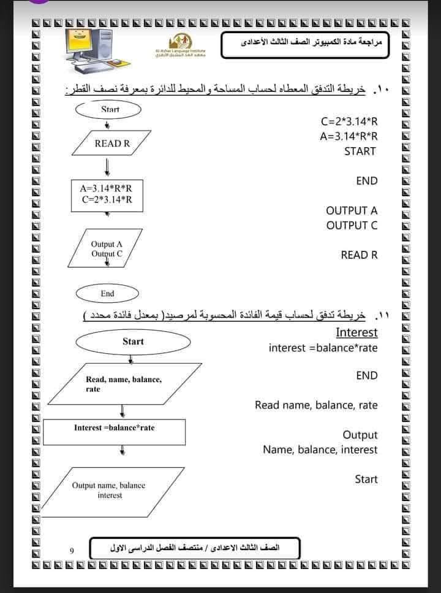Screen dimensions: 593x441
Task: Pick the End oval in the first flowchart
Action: pos(107,294)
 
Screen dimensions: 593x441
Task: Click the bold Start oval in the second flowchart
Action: pos(133,342)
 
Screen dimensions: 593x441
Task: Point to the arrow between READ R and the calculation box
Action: pos(108,167)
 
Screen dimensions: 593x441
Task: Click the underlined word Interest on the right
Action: pos(356,332)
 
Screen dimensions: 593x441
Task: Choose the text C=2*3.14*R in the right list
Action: pos(349,121)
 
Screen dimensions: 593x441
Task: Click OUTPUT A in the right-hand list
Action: pos(352,210)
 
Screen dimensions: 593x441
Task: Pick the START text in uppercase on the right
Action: pos(360,151)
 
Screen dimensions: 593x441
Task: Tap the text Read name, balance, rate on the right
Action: pos(316,405)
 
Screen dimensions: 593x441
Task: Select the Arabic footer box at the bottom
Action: pos(195,547)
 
